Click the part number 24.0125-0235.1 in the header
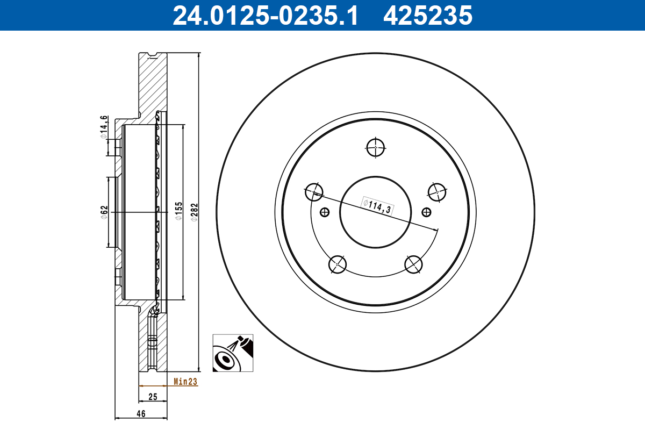click(x=265, y=15)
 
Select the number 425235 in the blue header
click(x=427, y=15)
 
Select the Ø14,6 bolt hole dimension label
click(x=104, y=127)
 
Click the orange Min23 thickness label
click(x=185, y=382)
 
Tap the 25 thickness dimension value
click(x=153, y=397)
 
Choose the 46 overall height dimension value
click(x=141, y=414)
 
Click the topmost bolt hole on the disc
click(x=375, y=146)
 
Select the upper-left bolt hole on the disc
click(x=314, y=191)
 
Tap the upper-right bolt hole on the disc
click(x=437, y=191)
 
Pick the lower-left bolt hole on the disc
click(x=337, y=264)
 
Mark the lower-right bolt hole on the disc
click(x=414, y=264)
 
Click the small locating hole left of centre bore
click(x=324, y=212)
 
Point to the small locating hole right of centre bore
click(x=427, y=212)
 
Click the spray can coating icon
click(x=233, y=353)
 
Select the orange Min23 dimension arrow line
click(x=153, y=385)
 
